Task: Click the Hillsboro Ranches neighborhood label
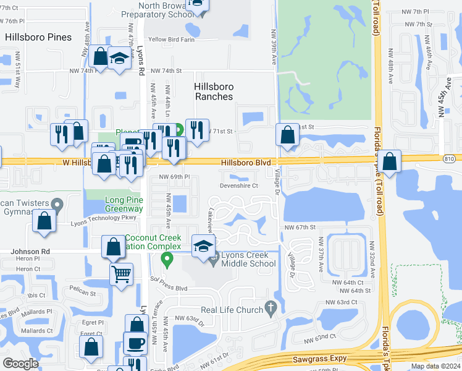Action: click(214, 92)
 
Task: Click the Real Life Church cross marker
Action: click(270, 307)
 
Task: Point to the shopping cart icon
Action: click(121, 273)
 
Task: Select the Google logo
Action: click(20, 364)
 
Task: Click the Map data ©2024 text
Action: click(435, 366)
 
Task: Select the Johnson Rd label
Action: click(29, 252)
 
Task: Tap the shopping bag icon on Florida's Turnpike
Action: click(389, 161)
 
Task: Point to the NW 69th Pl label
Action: click(174, 177)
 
